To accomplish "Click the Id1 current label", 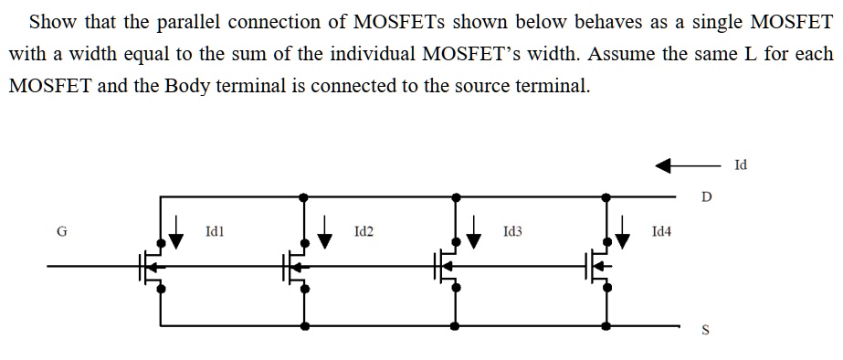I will pyautogui.click(x=215, y=234).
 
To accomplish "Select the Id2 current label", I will pyautogui.click(x=363, y=234).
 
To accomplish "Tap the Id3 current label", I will pyautogui.click(x=512, y=234).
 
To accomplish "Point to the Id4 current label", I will pyautogui.click(x=662, y=234).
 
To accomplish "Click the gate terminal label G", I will pyautogui.click(x=62, y=232).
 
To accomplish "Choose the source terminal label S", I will pyautogui.click(x=704, y=331).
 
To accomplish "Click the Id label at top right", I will pyautogui.click(x=740, y=165).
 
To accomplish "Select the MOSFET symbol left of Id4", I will pyautogui.click(x=599, y=266).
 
